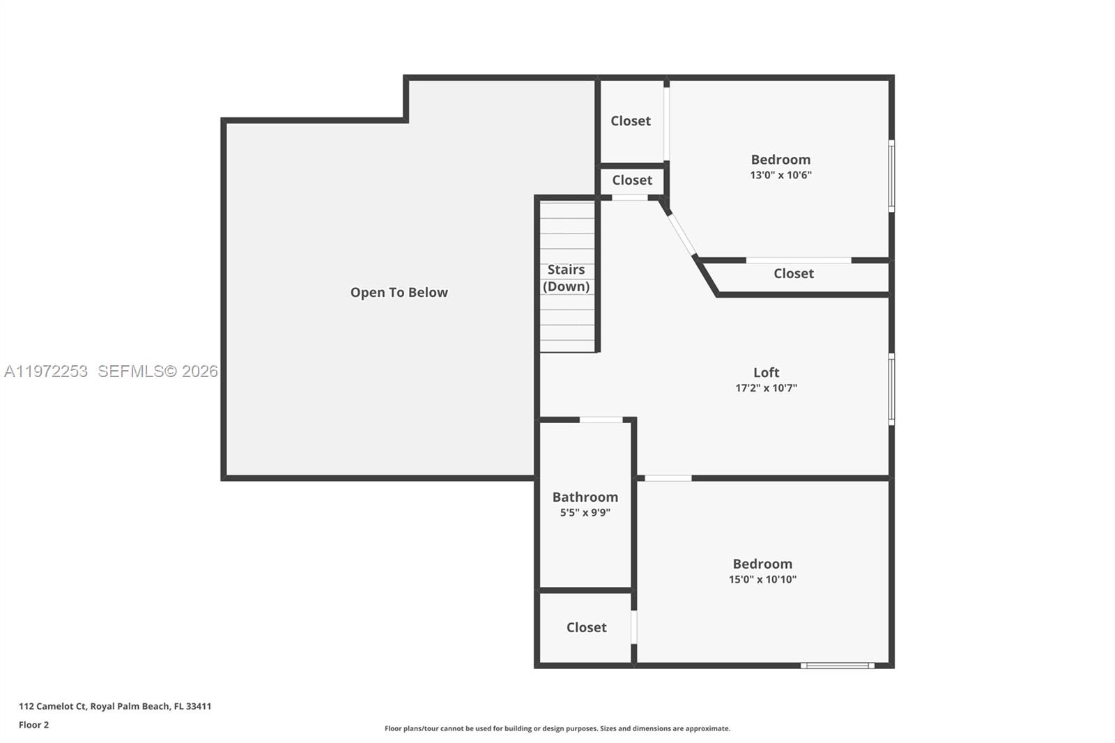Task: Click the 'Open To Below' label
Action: [x=399, y=293]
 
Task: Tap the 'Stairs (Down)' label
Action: [x=566, y=278]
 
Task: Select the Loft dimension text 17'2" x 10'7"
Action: [x=766, y=388]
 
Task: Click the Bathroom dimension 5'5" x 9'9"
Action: [x=585, y=513]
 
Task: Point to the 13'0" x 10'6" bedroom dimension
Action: [x=780, y=175]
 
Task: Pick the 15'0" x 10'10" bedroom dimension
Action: [x=762, y=579]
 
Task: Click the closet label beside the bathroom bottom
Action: [x=586, y=627]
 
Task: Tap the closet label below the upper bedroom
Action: [x=793, y=274]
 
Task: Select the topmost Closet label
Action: [x=631, y=121]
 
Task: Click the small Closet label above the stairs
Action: [x=632, y=181]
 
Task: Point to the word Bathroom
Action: [x=585, y=497]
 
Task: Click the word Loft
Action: [x=766, y=372]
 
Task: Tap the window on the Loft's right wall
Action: [x=891, y=389]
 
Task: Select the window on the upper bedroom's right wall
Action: [x=891, y=176]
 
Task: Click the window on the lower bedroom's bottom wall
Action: [x=837, y=666]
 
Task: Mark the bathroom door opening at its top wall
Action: [x=601, y=420]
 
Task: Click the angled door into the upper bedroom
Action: [x=681, y=234]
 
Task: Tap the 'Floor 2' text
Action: [x=33, y=725]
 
